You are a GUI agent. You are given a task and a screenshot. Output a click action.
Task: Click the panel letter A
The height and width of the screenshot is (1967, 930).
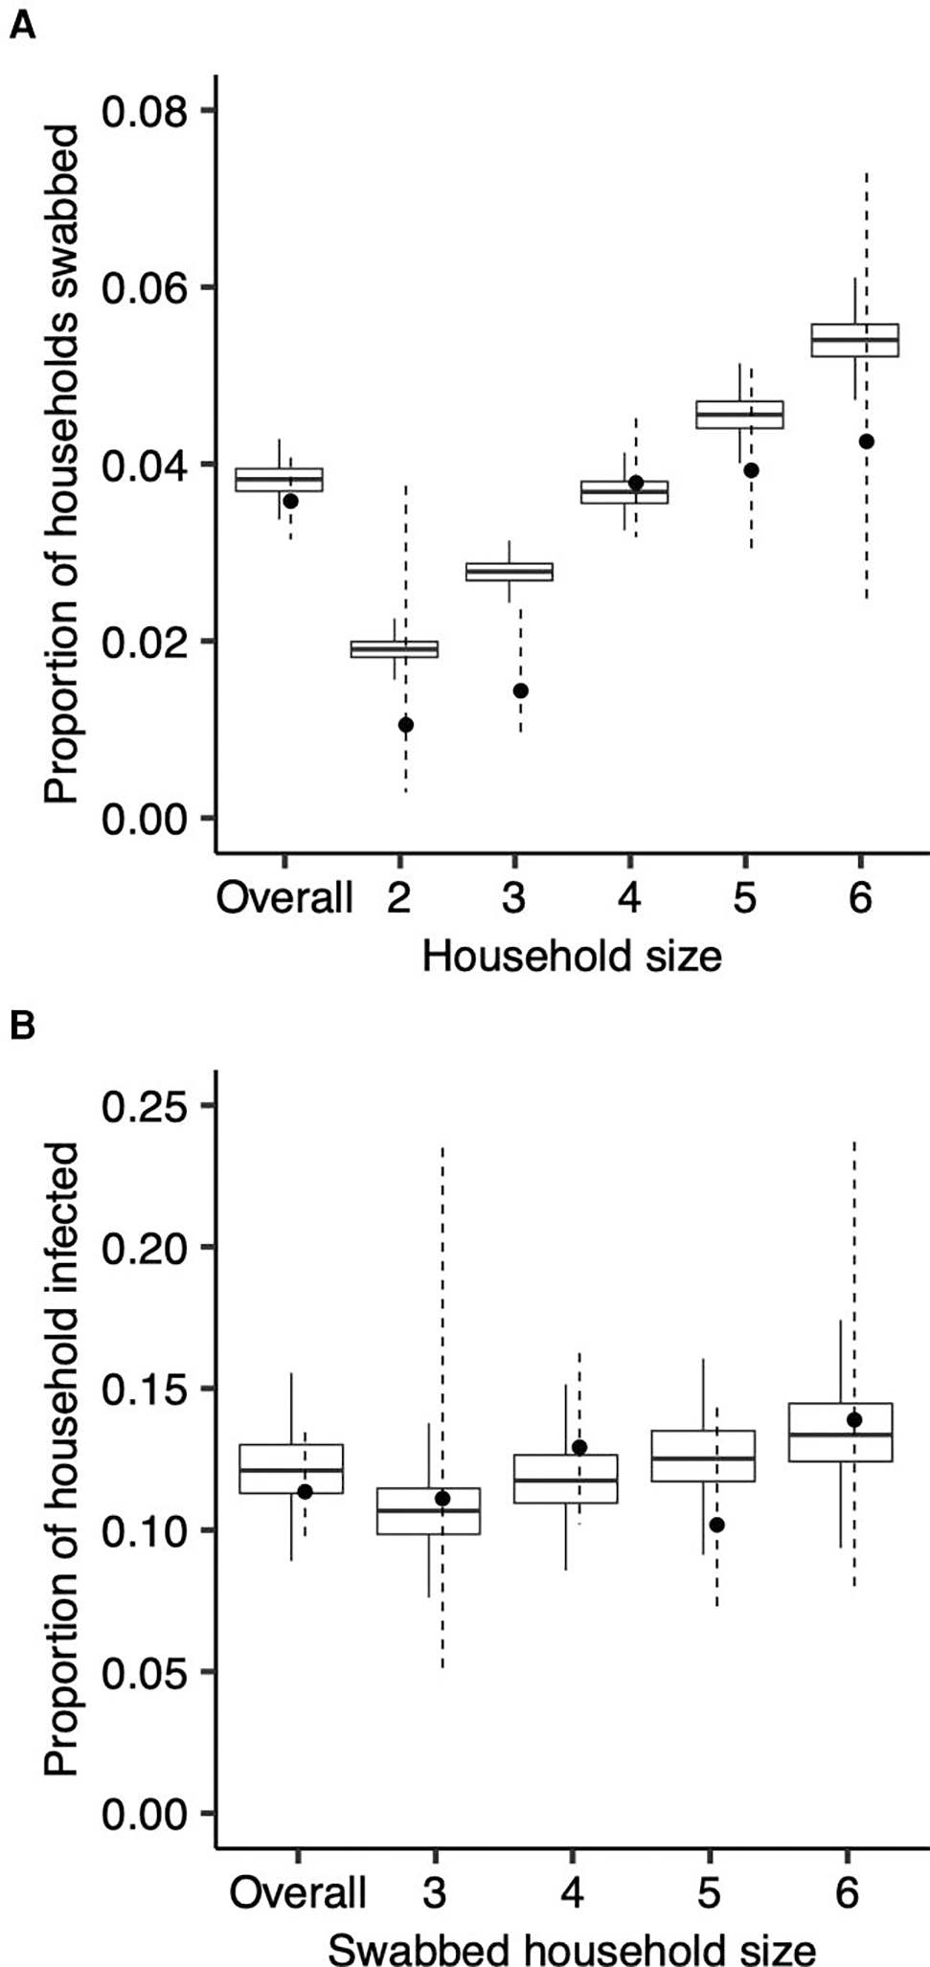(x=22, y=27)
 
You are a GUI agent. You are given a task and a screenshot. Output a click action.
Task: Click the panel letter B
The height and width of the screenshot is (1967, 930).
(x=22, y=1026)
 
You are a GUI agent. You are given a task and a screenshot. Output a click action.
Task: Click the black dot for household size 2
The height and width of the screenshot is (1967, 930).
(x=406, y=725)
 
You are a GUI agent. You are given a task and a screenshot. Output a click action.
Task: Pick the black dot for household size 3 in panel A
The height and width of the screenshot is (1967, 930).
(x=521, y=690)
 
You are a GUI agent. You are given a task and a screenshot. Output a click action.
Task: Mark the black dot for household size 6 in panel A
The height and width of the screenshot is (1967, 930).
(x=867, y=441)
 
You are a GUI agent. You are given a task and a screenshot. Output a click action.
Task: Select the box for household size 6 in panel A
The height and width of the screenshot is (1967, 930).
(x=855, y=340)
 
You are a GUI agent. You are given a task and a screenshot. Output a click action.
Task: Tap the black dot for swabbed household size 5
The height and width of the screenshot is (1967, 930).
(x=717, y=1525)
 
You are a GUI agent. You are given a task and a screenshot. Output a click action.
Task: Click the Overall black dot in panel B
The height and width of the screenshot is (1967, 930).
(x=305, y=1491)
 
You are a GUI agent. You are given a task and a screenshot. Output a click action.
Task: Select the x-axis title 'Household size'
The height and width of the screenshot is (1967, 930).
(x=572, y=957)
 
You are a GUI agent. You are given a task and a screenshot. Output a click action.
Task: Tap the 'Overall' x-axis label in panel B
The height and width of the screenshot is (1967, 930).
(x=298, y=1893)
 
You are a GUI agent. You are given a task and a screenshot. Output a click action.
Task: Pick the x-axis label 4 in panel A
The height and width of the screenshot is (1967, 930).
(x=629, y=899)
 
